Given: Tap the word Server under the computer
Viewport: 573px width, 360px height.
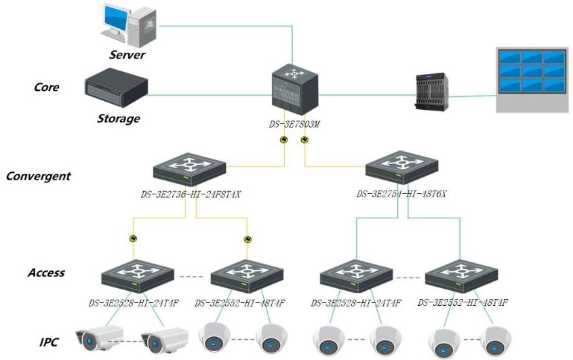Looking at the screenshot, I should click(x=127, y=54).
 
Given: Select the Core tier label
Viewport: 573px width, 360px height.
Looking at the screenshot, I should click(x=46, y=87).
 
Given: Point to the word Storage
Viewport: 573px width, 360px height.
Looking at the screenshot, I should click(x=118, y=119).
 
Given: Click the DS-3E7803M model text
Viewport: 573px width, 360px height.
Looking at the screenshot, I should click(x=294, y=125).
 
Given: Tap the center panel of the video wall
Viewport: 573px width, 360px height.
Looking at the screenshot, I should click(x=531, y=71).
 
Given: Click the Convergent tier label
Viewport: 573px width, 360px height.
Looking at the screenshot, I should click(x=38, y=176).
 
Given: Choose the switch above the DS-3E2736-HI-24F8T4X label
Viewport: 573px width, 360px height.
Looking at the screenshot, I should click(x=189, y=170).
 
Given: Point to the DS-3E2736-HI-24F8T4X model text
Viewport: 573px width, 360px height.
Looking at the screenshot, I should click(x=191, y=195).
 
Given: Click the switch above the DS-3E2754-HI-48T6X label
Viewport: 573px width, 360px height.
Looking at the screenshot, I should click(x=401, y=168).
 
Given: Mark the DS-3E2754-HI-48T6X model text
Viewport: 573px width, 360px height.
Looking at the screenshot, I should click(x=401, y=195).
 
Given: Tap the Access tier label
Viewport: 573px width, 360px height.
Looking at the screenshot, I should click(x=46, y=273).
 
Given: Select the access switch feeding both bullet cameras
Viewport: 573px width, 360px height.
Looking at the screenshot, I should click(x=138, y=277).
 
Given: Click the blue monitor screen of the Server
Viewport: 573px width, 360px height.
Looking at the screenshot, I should click(x=117, y=19).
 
